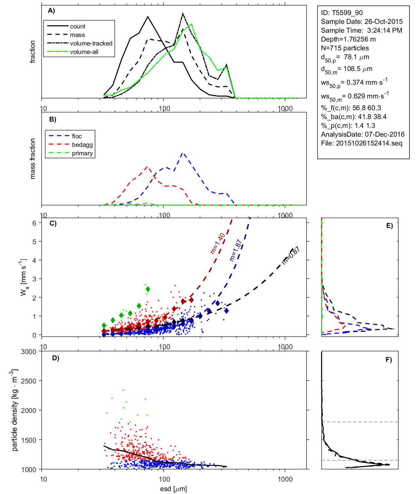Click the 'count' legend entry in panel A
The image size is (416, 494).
coord(77,26)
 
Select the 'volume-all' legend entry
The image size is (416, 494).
coord(84,52)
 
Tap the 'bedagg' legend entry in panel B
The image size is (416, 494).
coord(82,145)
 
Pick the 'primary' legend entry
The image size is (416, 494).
coord(82,153)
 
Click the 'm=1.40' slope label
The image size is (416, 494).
coord(217,243)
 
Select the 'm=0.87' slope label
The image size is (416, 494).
coord(291,255)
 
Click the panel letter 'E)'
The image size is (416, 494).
coord(389,226)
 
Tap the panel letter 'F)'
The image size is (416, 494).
coord(388,360)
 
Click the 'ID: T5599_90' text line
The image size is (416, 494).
coord(342,13)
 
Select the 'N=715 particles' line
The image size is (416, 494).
coord(345,48)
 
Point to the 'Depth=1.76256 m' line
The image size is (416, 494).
coord(348,39)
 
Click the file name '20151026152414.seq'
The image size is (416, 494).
coord(369,143)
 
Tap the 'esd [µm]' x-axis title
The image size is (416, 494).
coord(173,489)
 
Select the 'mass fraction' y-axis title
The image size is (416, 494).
coord(32,159)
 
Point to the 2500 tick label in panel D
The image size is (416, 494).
coord(28,381)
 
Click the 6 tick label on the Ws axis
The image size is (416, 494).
coord(34,223)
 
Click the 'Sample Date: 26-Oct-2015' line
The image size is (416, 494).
coord(362,22)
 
